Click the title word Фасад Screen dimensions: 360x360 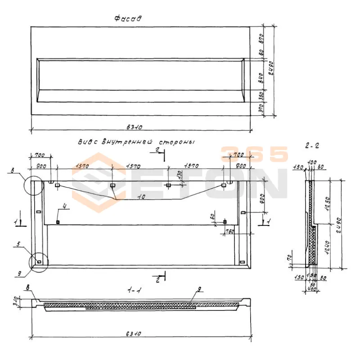[128, 19]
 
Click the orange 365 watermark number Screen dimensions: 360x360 [254, 154]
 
